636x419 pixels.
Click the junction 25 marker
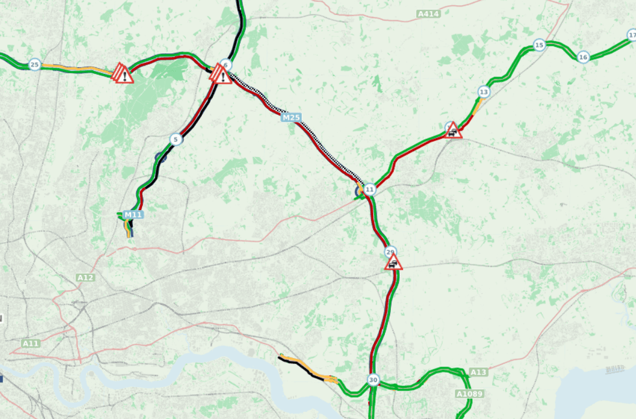[34, 64]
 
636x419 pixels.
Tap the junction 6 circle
[225, 64]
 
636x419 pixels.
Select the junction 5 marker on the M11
[175, 139]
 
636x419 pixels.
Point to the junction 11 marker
[369, 190]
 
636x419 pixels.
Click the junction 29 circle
[390, 252]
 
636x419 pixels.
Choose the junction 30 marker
[373, 380]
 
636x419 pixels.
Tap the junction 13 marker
[483, 92]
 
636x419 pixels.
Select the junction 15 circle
[539, 45]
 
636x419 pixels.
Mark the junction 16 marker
[583, 57]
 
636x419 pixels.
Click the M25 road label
[291, 117]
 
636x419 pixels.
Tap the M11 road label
[133, 215]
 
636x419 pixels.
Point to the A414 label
[427, 14]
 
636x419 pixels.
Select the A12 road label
[85, 278]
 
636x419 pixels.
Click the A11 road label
[31, 342]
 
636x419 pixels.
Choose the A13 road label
[478, 372]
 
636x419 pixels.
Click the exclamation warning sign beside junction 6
[222, 77]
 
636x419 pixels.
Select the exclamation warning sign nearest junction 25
[123, 74]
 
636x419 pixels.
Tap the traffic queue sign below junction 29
[393, 263]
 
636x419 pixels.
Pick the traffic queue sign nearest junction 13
[453, 131]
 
